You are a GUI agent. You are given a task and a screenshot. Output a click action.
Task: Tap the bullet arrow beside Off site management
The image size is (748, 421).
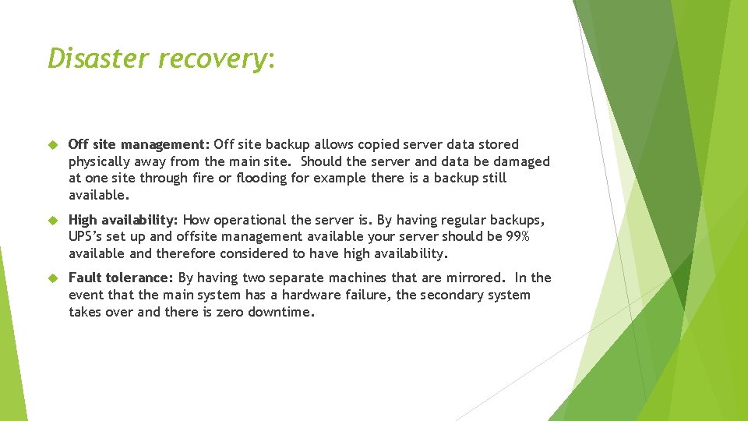point(53,145)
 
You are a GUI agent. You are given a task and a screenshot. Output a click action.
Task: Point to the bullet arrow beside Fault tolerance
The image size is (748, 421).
point(53,278)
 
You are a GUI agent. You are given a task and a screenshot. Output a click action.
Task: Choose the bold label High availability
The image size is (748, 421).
point(123,220)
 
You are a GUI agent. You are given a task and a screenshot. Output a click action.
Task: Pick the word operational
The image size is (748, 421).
point(251,220)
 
